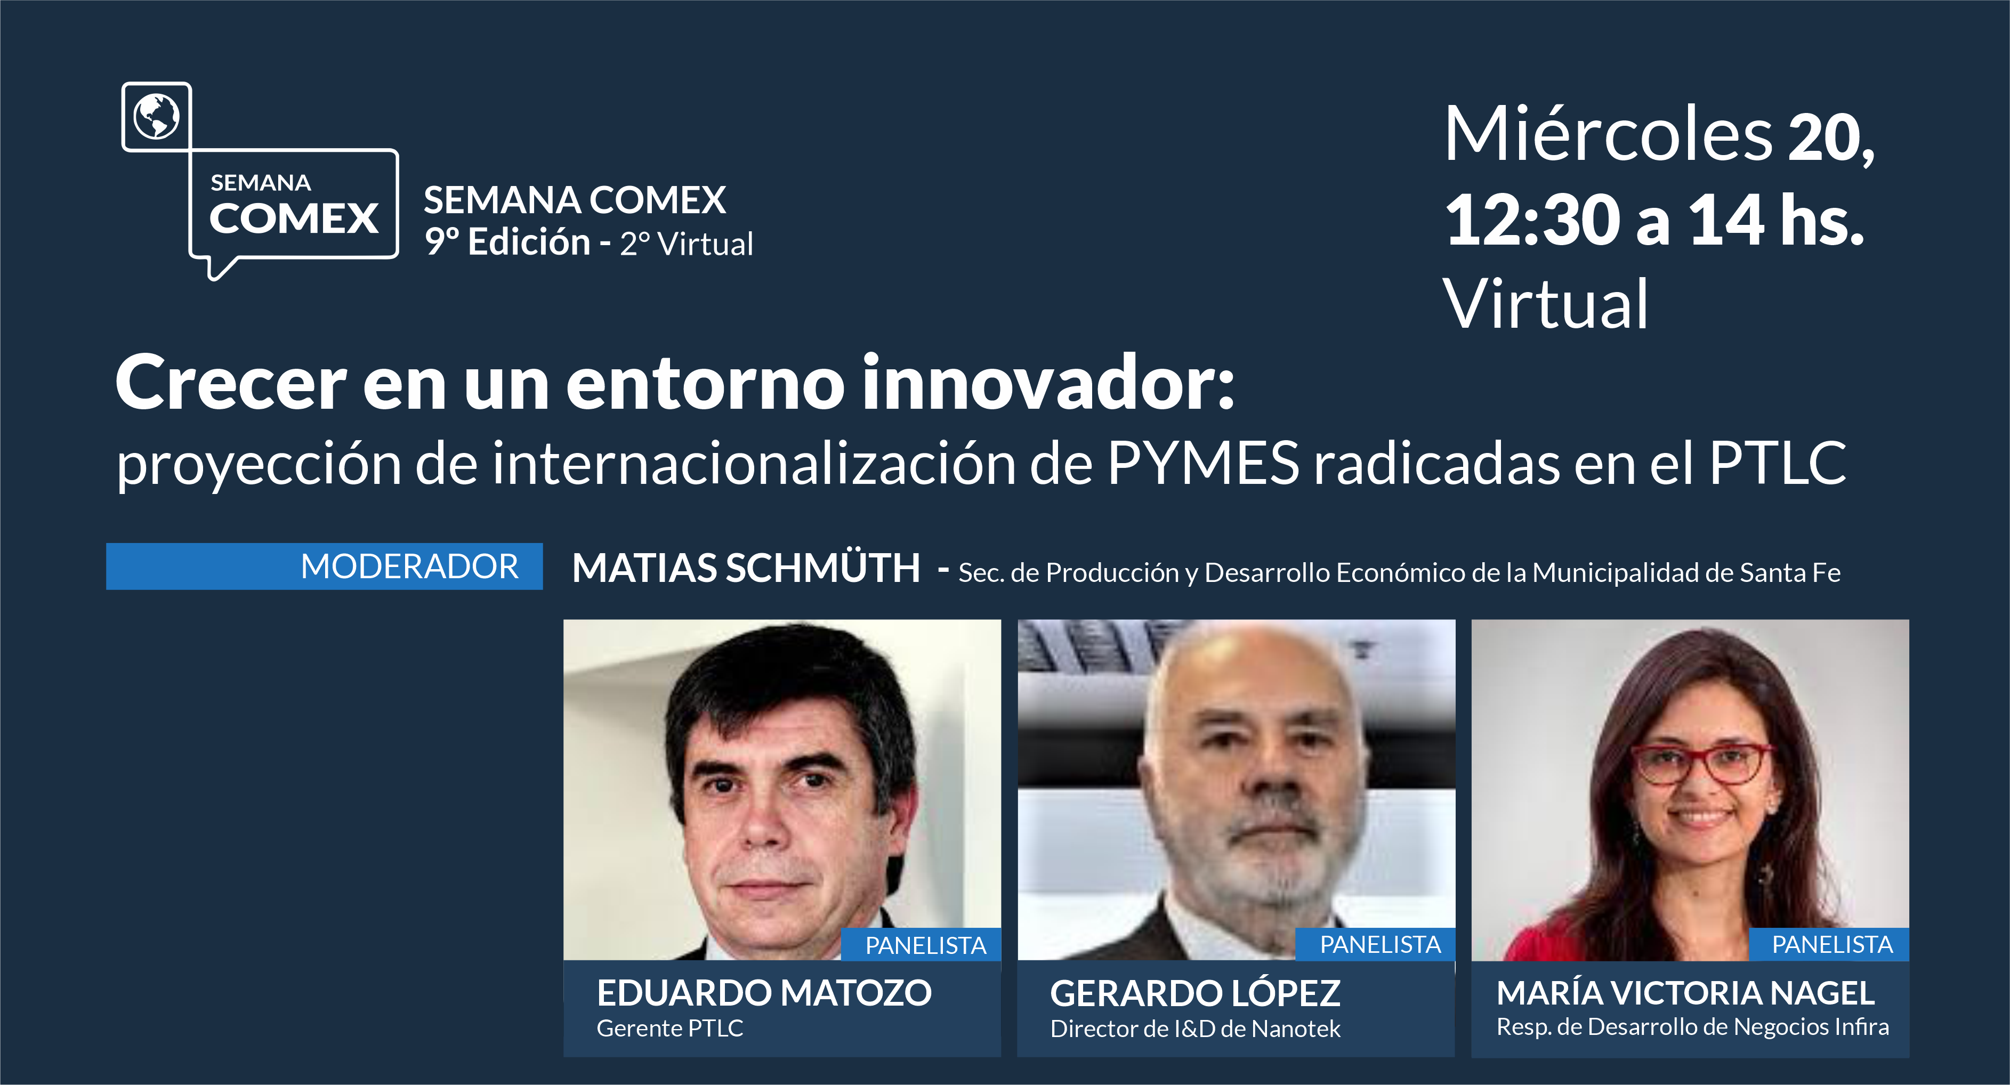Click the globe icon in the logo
pos(156,116)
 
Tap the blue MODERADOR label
pos(324,566)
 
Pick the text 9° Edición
pos(507,242)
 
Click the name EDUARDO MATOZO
pos(764,993)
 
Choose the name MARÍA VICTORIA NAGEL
pos(1685,993)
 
